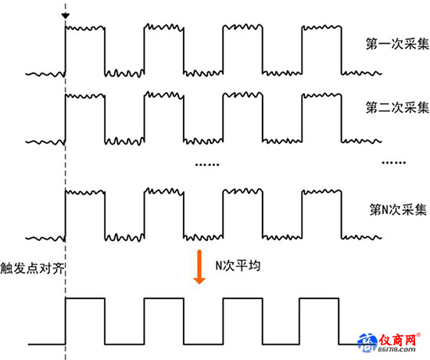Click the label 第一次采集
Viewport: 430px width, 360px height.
tap(397, 44)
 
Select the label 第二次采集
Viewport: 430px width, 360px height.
tap(397, 107)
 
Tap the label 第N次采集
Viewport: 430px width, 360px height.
tap(398, 210)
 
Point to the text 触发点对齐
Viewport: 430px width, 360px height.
tap(32, 268)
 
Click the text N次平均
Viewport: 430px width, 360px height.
tap(238, 265)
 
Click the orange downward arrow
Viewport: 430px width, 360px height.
tap(199, 267)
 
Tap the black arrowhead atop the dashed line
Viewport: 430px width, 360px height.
tap(65, 16)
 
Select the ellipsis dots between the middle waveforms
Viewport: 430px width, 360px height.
tap(207, 165)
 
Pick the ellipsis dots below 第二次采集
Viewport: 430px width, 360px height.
tap(394, 163)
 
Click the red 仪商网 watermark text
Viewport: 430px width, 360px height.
tap(397, 340)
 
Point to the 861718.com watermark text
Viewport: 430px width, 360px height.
tap(396, 350)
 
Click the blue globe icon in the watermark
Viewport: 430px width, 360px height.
tap(367, 343)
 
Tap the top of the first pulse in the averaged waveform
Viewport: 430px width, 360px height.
tap(85, 298)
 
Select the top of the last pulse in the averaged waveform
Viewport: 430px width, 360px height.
tap(319, 298)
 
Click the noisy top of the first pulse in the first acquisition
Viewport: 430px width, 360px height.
tap(85, 27)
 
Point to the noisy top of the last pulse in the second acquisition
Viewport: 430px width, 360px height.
tap(321, 95)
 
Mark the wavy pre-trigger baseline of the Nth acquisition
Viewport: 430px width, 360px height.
tap(45, 238)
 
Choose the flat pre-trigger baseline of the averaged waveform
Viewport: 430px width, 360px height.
tap(47, 344)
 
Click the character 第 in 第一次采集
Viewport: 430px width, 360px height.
tap(372, 44)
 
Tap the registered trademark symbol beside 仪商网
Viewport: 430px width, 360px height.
tap(418, 335)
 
